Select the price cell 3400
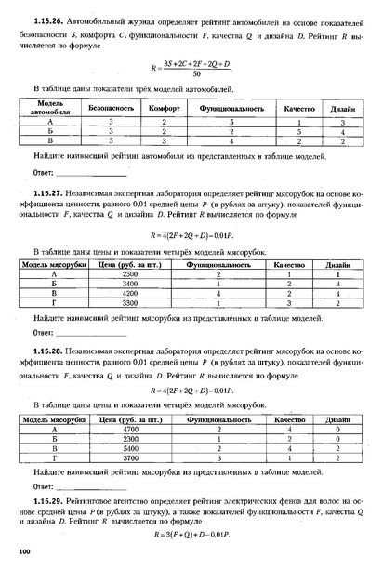click(x=130, y=285)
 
